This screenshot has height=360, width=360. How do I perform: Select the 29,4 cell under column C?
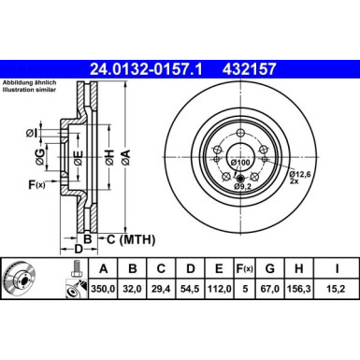pyautogui.click(x=161, y=291)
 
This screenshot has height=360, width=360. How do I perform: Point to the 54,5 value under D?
pyautogui.click(x=191, y=291)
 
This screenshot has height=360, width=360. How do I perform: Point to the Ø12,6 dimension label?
pyautogui.click(x=301, y=173)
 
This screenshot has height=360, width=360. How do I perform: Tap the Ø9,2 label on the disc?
pyautogui.click(x=242, y=187)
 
